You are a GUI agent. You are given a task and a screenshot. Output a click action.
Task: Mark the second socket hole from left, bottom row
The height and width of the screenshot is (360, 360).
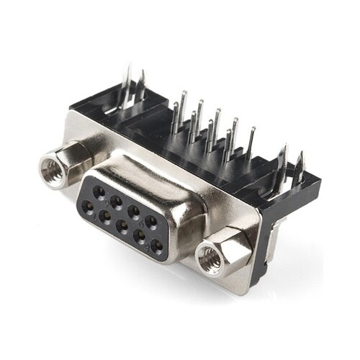105,215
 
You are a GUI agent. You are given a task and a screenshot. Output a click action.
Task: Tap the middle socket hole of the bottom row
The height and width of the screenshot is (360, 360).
122,225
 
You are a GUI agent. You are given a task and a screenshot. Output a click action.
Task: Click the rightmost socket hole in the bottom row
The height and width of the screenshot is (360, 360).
156,243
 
